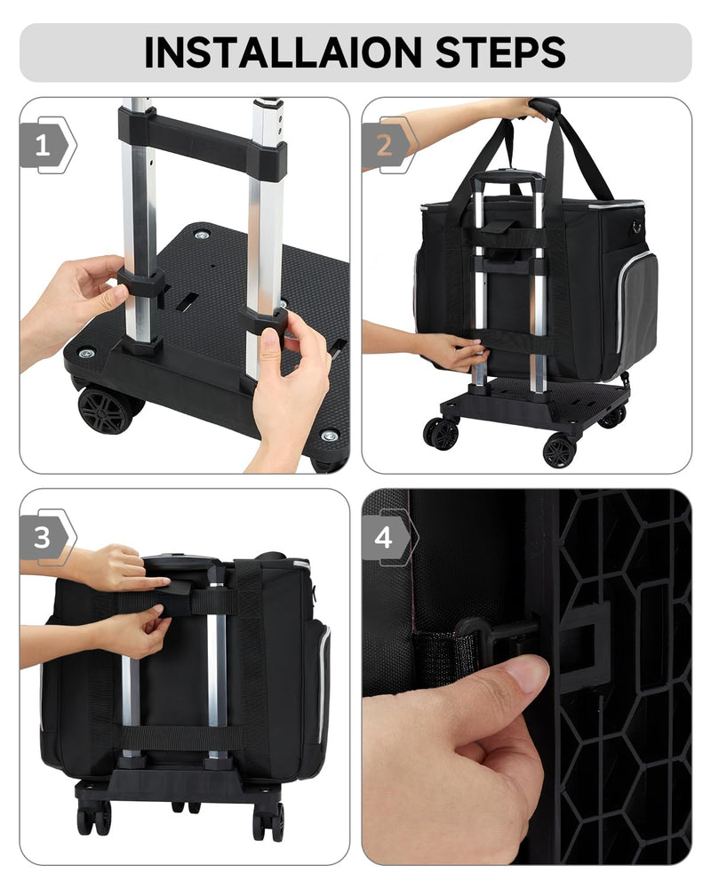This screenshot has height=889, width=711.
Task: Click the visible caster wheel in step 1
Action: click(105, 409)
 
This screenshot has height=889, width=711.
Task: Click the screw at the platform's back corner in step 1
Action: click(201, 236)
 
